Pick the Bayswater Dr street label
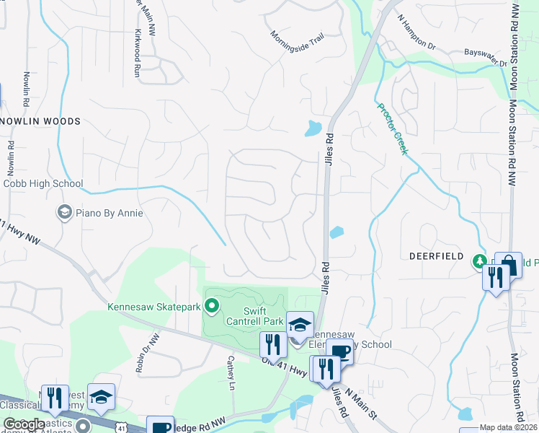pyautogui.click(x=486, y=57)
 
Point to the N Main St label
pyautogui.click(x=360, y=403)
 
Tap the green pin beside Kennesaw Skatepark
pyautogui.click(x=211, y=307)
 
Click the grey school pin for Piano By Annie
pyautogui.click(x=64, y=213)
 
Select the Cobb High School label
pyautogui.click(x=43, y=183)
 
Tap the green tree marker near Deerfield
pyautogui.click(x=478, y=261)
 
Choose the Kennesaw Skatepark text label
pyautogui.click(x=153, y=307)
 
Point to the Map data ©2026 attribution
pyautogui.click(x=508, y=427)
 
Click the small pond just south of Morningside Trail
pyautogui.click(x=313, y=129)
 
